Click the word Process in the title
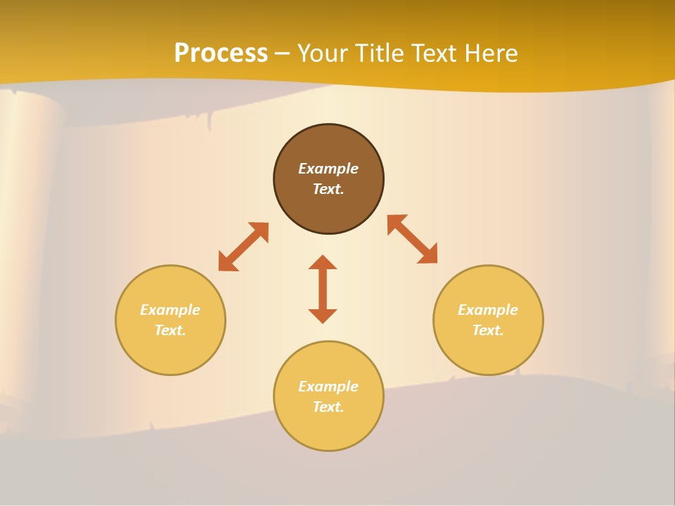pyautogui.click(x=221, y=53)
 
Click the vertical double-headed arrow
pyautogui.click(x=323, y=289)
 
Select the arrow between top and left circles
pyautogui.click(x=243, y=247)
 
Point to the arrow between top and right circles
pyautogui.click(x=413, y=239)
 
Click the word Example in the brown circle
pyautogui.click(x=328, y=169)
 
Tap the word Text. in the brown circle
pyautogui.click(x=328, y=189)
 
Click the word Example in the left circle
pyautogui.click(x=170, y=310)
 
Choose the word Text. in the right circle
pyautogui.click(x=488, y=330)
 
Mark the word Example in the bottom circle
pyautogui.click(x=328, y=387)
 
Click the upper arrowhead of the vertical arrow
pyautogui.click(x=323, y=262)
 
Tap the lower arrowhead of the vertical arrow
pyautogui.click(x=323, y=316)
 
